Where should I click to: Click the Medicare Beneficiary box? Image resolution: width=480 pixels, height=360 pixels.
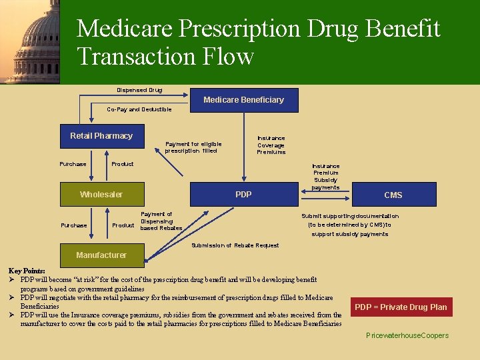click(x=244, y=100)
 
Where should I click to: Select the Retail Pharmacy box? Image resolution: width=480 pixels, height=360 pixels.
click(x=101, y=136)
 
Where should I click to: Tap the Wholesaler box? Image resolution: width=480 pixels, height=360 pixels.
click(x=101, y=195)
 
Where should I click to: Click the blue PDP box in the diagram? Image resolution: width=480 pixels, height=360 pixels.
click(x=244, y=195)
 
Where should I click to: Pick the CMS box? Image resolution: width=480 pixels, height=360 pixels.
click(x=393, y=195)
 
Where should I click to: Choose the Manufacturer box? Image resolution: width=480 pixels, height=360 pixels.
click(x=101, y=255)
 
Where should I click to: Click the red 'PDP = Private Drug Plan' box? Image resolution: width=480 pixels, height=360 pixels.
click(x=401, y=307)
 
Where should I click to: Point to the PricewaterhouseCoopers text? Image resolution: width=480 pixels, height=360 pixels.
click(x=407, y=335)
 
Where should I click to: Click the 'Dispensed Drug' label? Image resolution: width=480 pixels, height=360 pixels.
click(x=139, y=90)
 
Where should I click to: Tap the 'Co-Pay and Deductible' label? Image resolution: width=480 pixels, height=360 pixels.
click(x=139, y=109)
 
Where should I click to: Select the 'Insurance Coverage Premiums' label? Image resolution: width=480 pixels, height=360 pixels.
click(x=271, y=145)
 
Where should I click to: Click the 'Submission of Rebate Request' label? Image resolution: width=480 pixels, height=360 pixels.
click(x=235, y=245)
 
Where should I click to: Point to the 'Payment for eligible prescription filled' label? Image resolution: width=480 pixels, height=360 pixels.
click(x=193, y=147)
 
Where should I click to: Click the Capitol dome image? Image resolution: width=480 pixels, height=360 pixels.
click(x=30, y=41)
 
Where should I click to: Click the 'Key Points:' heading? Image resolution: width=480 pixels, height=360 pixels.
click(x=27, y=271)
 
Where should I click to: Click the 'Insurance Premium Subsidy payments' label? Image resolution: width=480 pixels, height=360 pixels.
click(x=325, y=177)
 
